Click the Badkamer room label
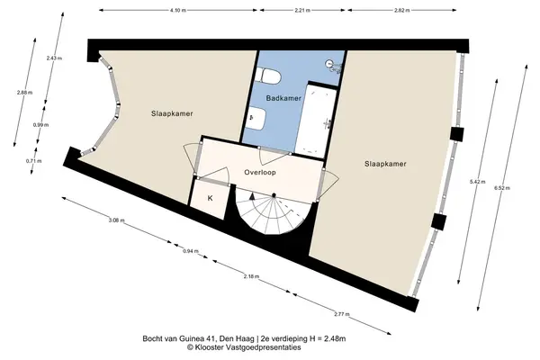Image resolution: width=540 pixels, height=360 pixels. [x=283, y=98]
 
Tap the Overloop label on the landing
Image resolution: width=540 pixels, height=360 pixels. [x=260, y=172]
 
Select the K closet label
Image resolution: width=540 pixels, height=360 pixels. [x=210, y=198]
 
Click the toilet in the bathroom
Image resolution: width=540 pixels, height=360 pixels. [x=268, y=76]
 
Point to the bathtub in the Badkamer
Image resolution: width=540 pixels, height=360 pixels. [x=316, y=120]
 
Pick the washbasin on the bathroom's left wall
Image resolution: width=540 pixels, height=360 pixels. [x=256, y=118]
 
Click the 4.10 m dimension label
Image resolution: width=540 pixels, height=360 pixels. [x=178, y=10]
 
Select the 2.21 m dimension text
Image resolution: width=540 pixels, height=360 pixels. [x=302, y=10]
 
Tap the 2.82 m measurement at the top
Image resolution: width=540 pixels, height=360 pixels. [x=402, y=10]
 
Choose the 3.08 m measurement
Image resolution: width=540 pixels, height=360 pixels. [x=116, y=220]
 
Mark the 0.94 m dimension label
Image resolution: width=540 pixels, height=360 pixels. [x=191, y=251]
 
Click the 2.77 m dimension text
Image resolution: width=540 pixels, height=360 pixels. [x=342, y=314]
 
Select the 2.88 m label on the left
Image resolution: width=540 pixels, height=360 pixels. [x=24, y=93]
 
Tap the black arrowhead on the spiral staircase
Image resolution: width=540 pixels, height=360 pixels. [x=252, y=197]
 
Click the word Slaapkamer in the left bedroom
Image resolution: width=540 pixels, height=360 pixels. [x=172, y=113]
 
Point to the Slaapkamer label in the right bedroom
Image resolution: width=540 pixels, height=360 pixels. [x=385, y=164]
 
